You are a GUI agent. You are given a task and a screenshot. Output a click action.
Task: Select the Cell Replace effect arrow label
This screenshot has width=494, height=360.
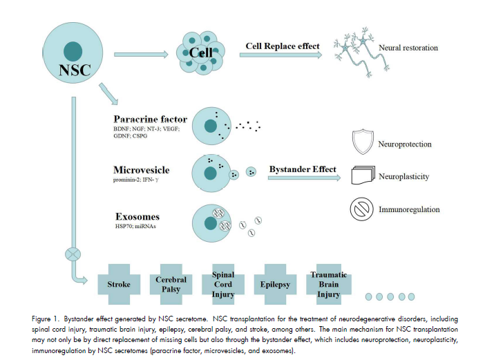[x=283, y=46]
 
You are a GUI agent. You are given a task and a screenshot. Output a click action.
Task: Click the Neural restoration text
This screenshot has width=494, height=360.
[x=408, y=48]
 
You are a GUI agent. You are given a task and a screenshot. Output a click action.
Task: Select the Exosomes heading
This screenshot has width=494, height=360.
[x=137, y=217]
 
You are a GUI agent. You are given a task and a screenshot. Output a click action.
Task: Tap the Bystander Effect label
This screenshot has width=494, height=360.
[x=303, y=169]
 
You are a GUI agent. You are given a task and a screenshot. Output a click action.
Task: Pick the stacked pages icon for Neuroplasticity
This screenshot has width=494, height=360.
[x=363, y=176]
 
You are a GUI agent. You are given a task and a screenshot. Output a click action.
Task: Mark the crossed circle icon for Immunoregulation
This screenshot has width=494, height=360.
[x=363, y=209]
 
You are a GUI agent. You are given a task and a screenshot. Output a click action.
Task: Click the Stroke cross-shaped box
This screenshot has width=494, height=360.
[x=119, y=284]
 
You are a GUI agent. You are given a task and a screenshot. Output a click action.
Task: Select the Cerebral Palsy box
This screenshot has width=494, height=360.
[x=171, y=284]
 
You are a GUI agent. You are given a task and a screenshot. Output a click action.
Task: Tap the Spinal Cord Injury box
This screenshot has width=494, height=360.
[x=222, y=284]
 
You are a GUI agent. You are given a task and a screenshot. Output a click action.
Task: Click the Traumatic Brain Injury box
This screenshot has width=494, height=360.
[x=328, y=284]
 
